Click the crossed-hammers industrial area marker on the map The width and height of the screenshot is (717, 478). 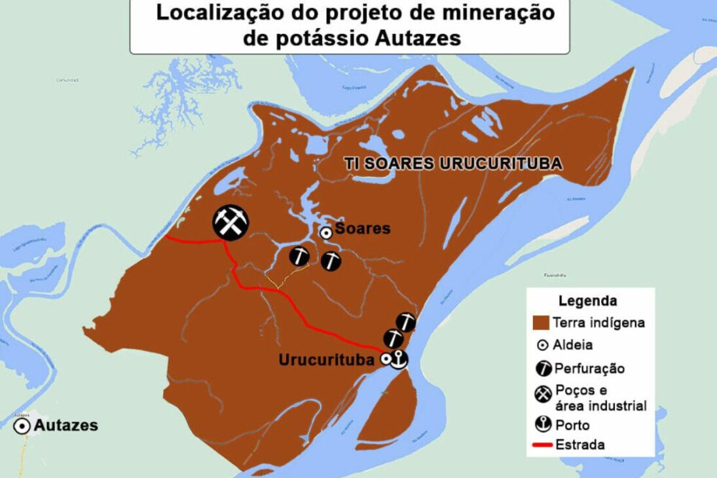click(x=230, y=222)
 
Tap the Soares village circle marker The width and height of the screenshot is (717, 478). click(x=325, y=232)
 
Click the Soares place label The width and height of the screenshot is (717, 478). click(x=362, y=229)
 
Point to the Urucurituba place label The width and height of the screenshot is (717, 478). click(x=326, y=360)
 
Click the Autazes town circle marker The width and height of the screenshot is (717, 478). click(x=23, y=426)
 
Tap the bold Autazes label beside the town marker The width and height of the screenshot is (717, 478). click(x=65, y=426)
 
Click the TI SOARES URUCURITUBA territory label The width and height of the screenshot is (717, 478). click(x=453, y=164)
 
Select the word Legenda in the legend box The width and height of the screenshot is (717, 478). click(x=587, y=301)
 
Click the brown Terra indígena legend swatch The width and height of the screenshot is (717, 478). click(x=540, y=323)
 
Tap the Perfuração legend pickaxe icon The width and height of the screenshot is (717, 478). click(x=543, y=368)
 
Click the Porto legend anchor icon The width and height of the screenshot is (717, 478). click(x=543, y=425)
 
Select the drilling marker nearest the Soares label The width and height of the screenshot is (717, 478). click(x=331, y=261)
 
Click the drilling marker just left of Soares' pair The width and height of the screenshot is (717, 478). click(x=300, y=256)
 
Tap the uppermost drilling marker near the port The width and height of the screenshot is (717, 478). click(x=407, y=321)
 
